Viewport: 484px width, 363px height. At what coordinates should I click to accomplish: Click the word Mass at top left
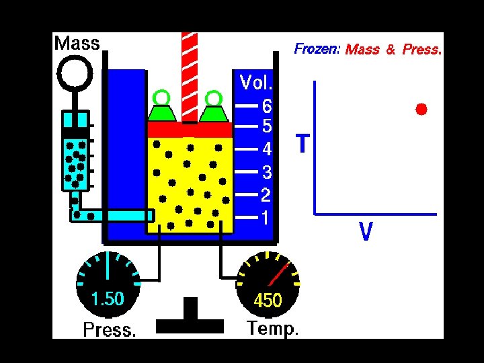coord(77,44)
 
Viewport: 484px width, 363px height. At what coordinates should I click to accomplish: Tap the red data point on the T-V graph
coord(421,109)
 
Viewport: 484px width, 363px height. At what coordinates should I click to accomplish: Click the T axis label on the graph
coord(303,143)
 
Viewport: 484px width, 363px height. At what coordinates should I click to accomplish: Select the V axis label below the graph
coord(366,232)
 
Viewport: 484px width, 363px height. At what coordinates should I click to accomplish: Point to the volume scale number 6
coord(267,106)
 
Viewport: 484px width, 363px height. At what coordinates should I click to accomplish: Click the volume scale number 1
coord(266,218)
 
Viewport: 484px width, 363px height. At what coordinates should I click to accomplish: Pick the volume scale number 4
coord(267,149)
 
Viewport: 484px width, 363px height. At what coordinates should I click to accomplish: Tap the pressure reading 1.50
coord(108,298)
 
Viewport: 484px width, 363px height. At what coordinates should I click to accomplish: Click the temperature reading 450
coord(268,300)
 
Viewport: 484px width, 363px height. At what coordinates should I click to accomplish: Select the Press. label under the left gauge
coord(109,330)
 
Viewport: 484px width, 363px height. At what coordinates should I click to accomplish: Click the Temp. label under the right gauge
coord(272,329)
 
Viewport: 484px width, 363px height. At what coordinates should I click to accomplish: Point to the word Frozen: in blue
coord(318,49)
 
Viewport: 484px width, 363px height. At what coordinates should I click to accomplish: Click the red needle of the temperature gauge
coord(278,274)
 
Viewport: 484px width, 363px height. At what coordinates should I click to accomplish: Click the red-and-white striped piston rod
coord(190,74)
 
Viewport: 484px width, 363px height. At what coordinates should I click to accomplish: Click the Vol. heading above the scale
coord(256,83)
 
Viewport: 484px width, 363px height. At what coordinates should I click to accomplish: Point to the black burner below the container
coord(190,320)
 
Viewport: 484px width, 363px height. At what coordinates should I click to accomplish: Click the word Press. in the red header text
coord(422,49)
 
